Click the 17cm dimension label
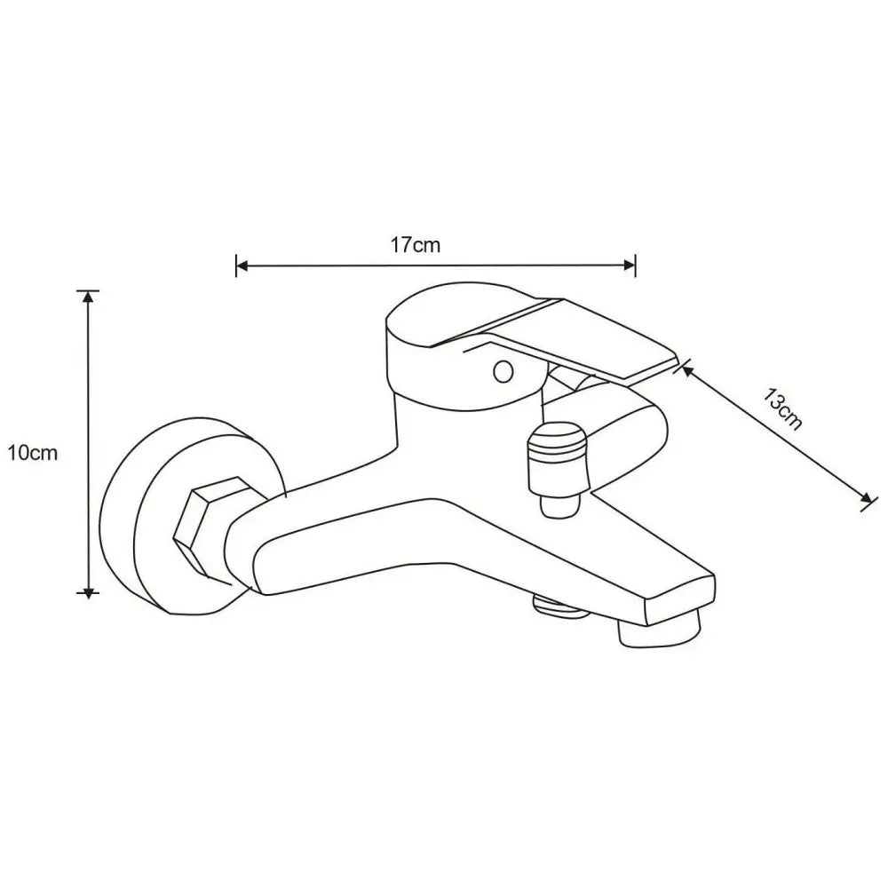pos(416,245)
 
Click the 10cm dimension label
pos(32,454)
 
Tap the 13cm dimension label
pos(783,409)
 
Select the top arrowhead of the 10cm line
pos(88,297)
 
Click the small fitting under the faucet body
pos(558,606)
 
